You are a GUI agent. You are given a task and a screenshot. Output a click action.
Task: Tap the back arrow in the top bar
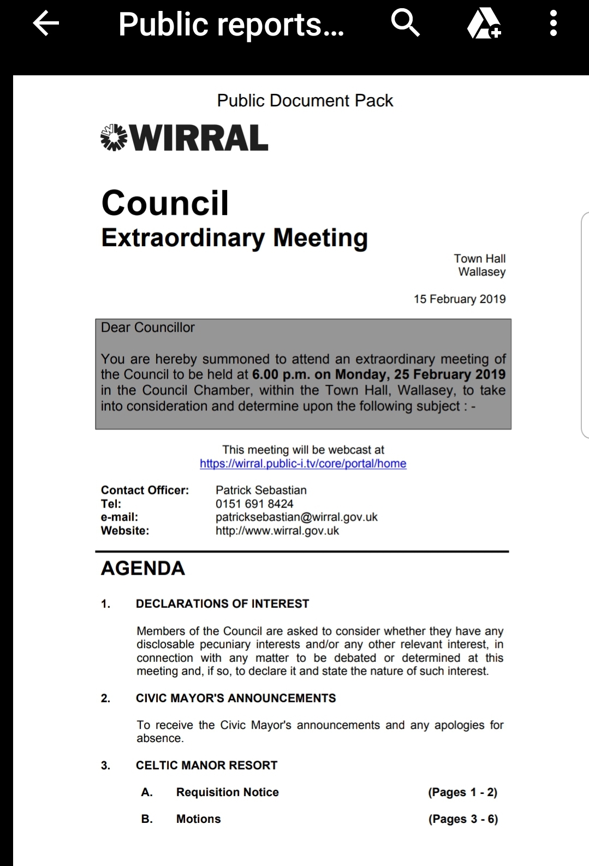coord(46,24)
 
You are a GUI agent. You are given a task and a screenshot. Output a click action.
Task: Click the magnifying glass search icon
coord(405,24)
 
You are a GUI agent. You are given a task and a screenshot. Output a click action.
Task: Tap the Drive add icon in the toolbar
coord(484,25)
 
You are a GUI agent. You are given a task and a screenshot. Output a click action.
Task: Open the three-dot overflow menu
coord(553,24)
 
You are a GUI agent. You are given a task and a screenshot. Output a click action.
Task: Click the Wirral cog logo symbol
coord(114,138)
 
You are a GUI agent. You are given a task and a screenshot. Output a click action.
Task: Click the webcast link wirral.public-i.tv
coord(303,463)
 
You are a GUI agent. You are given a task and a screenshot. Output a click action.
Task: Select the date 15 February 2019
coord(460,299)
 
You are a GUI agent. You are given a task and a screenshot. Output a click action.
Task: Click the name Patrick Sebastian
coord(261,490)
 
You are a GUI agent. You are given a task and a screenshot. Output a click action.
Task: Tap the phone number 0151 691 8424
coord(254,504)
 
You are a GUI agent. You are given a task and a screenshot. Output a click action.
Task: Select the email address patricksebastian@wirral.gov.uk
coord(296,517)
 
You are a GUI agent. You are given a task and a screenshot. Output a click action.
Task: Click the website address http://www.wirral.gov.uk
coord(277,530)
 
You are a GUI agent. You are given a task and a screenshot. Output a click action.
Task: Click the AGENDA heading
coord(143,568)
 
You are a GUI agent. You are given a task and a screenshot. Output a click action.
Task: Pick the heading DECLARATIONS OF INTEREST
coord(222,604)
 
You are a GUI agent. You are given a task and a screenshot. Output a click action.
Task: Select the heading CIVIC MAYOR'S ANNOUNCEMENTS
coord(236,698)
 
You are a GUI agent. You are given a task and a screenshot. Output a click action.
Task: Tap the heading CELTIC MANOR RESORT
coord(206,765)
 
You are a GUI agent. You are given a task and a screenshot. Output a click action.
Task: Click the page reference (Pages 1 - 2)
coord(463,792)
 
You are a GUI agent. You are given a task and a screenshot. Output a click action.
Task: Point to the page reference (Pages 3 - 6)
coord(463,819)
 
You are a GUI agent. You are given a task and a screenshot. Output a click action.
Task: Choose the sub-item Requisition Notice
coord(227,792)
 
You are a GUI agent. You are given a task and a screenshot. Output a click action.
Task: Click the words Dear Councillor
coord(147,327)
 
